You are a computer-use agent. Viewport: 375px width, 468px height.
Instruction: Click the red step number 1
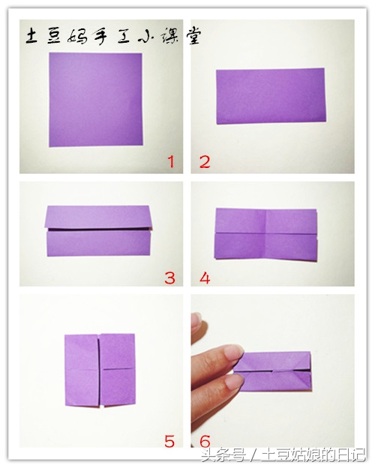coord(171,162)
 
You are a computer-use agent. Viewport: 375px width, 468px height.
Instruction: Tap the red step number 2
coord(205,162)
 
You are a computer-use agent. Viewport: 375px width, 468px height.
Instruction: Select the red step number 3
coord(169,277)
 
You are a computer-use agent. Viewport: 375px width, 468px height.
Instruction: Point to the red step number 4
coord(205,277)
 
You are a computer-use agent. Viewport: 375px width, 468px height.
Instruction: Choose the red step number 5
coord(169,441)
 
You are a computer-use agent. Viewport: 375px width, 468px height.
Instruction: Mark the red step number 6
coord(205,441)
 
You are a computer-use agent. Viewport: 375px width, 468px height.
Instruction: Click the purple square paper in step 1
coord(95,100)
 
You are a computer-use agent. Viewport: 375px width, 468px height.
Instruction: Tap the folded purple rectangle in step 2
coord(271,96)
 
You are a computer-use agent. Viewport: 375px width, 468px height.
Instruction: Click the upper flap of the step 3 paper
coord(97,217)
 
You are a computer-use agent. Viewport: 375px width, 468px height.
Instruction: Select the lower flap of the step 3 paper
coord(98,244)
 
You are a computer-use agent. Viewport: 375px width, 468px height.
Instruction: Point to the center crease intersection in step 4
coord(265,233)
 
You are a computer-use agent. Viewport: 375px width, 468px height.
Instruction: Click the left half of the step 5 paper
coord(82,370)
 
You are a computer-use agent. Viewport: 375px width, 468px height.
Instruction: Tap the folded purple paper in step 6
coord(272,371)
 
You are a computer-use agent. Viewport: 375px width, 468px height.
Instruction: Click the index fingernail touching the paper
coord(234,352)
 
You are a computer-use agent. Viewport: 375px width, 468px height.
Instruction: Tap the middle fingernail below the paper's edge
coord(234,381)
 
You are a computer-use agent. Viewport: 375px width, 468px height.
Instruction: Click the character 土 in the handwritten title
coord(31,37)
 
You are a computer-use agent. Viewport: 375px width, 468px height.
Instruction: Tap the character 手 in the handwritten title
coord(97,37)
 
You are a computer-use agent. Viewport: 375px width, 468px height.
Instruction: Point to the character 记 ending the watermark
coord(358,455)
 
